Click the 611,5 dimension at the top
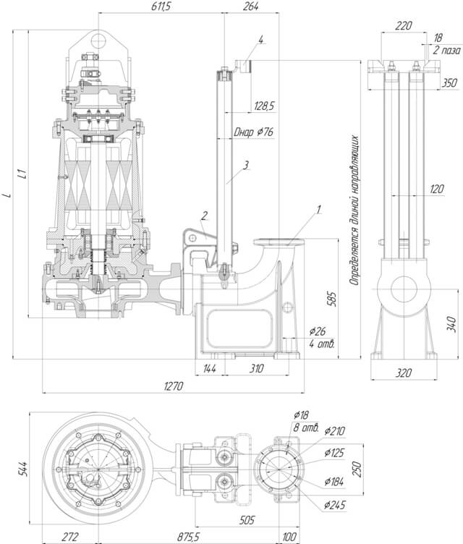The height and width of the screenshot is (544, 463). tap(161, 7)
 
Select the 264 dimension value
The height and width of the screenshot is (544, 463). tap(251, 7)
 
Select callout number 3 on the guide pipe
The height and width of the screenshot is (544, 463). tap(246, 166)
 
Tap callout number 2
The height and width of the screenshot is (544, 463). tap(205, 216)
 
